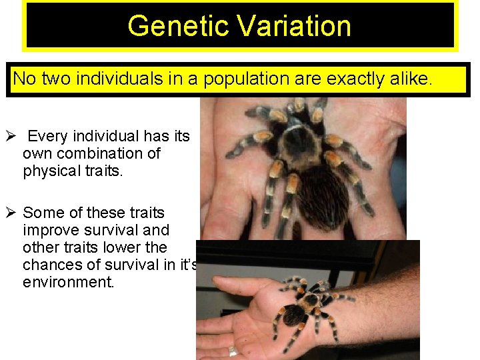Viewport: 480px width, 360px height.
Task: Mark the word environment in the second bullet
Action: [x=68, y=282]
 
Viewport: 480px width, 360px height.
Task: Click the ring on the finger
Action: [x=233, y=350]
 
